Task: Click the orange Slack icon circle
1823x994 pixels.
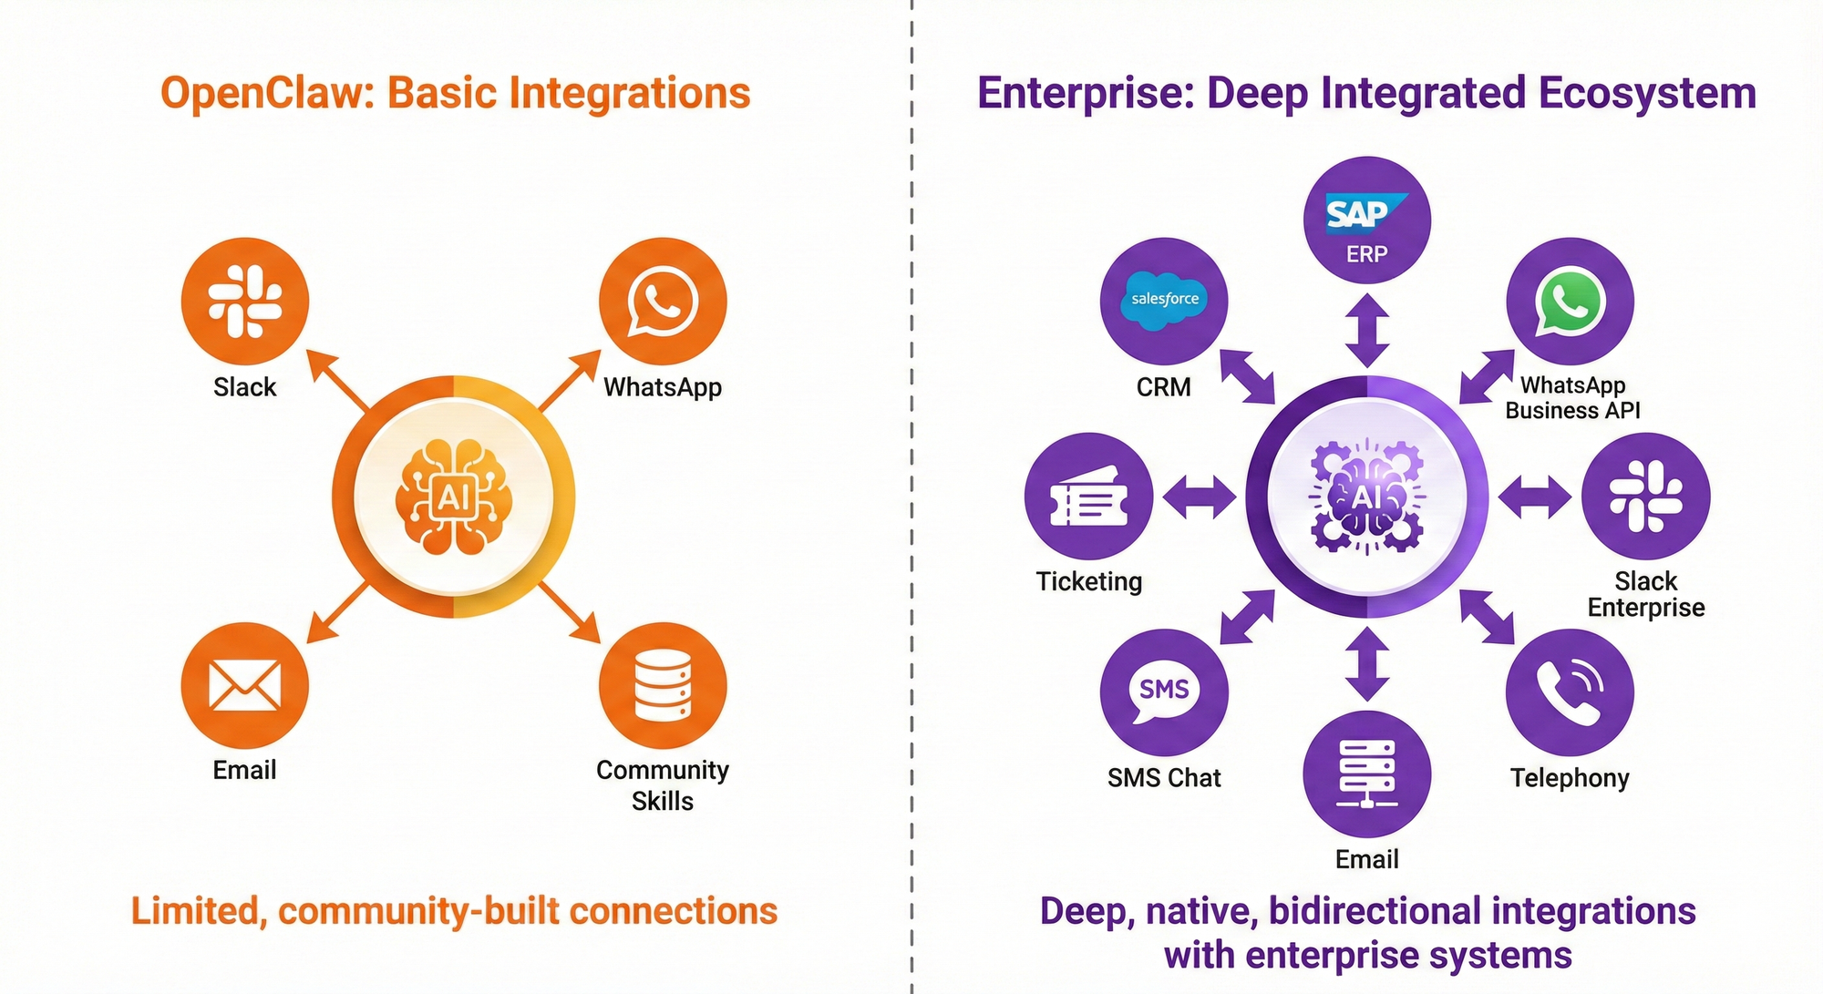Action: [245, 302]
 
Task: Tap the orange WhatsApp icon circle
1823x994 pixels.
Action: [663, 302]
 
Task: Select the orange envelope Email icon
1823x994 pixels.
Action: [245, 686]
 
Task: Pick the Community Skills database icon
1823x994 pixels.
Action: [663, 686]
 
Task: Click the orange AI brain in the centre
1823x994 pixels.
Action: [453, 497]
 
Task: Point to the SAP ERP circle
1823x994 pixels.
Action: [1367, 220]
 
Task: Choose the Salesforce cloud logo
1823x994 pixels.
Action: [1165, 299]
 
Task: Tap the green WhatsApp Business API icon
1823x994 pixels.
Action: [1570, 302]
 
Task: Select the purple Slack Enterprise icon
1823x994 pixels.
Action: [1646, 497]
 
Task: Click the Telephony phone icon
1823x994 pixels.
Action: [1570, 692]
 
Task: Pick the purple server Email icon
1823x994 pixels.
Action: [1367, 774]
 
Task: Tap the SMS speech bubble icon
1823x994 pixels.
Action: [1164, 692]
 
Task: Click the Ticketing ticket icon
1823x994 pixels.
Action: [1089, 497]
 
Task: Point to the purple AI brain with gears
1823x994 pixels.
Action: [1366, 497]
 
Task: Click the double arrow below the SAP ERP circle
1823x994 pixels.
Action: [1367, 330]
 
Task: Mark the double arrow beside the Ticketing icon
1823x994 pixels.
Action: [1200, 497]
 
